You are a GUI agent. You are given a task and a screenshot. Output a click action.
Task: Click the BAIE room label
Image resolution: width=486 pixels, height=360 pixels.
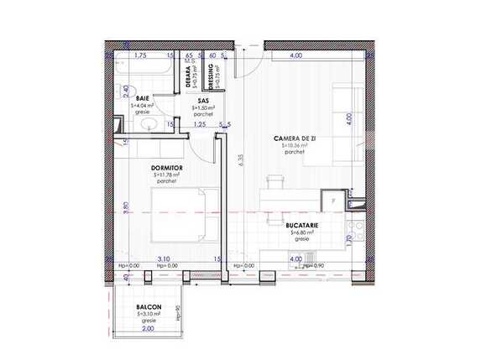click(x=143, y=98)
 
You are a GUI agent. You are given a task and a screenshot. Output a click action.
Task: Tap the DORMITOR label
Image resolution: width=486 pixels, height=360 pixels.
click(x=167, y=168)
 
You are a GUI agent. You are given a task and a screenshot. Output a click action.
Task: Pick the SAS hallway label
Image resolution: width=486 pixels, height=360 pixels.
click(x=203, y=100)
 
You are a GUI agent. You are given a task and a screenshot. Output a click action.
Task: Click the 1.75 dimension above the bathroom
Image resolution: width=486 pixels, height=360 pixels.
click(x=141, y=55)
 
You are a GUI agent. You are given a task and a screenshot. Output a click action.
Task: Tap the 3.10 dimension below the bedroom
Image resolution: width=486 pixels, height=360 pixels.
click(x=163, y=259)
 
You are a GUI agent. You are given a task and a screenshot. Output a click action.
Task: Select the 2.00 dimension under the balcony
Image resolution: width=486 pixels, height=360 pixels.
click(x=148, y=328)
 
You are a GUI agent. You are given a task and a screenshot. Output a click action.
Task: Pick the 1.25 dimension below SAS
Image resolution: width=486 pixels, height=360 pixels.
click(x=199, y=125)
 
